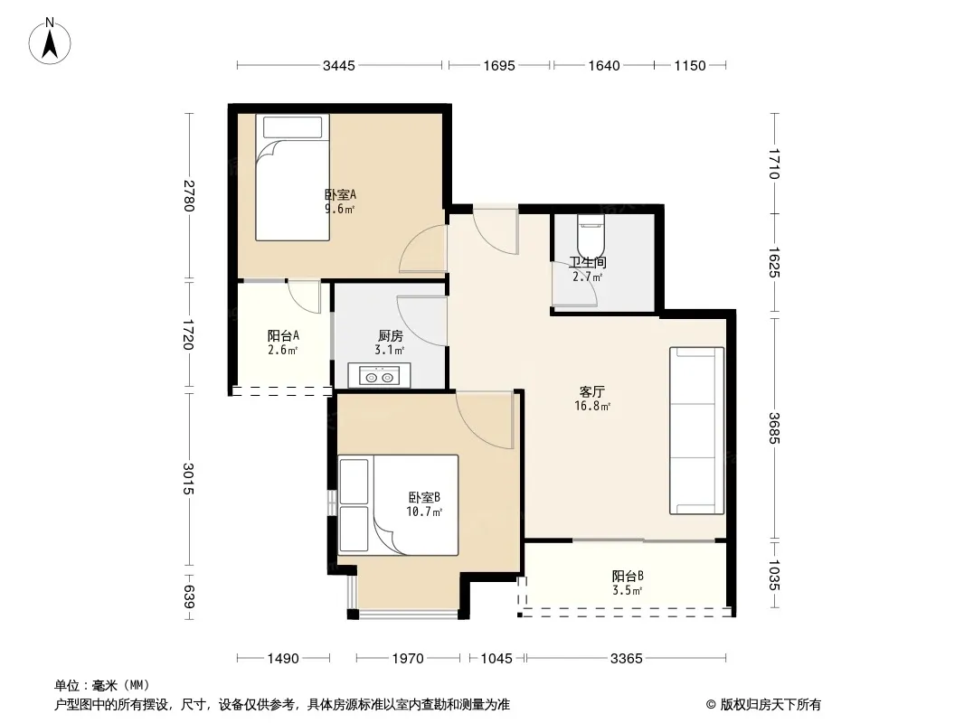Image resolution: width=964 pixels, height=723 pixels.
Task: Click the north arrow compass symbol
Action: tap(50, 42)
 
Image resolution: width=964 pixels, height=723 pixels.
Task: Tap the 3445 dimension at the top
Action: tap(339, 65)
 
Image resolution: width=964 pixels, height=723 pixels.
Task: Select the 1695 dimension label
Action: tap(498, 65)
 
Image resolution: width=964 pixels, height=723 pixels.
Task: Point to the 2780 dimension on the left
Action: tap(188, 195)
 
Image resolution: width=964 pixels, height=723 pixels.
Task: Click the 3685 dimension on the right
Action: tap(774, 428)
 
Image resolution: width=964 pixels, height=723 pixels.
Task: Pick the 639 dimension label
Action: tap(188, 597)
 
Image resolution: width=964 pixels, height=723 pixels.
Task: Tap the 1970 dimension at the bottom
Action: tap(408, 659)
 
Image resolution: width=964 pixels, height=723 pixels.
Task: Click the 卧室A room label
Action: tap(341, 194)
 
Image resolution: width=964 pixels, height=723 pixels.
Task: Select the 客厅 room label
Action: tap(592, 392)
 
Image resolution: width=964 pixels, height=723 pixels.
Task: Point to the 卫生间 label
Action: tap(588, 262)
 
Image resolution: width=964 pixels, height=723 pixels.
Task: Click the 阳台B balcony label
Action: tap(628, 577)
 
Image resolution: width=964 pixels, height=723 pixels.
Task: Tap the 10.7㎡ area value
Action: tap(424, 512)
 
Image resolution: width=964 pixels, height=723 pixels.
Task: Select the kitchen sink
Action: tap(379, 376)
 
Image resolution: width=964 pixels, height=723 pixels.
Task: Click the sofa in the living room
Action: tap(696, 430)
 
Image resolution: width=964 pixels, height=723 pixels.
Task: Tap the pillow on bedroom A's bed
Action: tap(293, 127)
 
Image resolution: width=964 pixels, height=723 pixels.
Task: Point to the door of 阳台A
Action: tap(305, 297)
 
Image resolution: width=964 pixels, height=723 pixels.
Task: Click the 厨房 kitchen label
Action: tap(391, 336)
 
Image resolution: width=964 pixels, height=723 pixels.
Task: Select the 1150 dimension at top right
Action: tap(690, 65)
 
